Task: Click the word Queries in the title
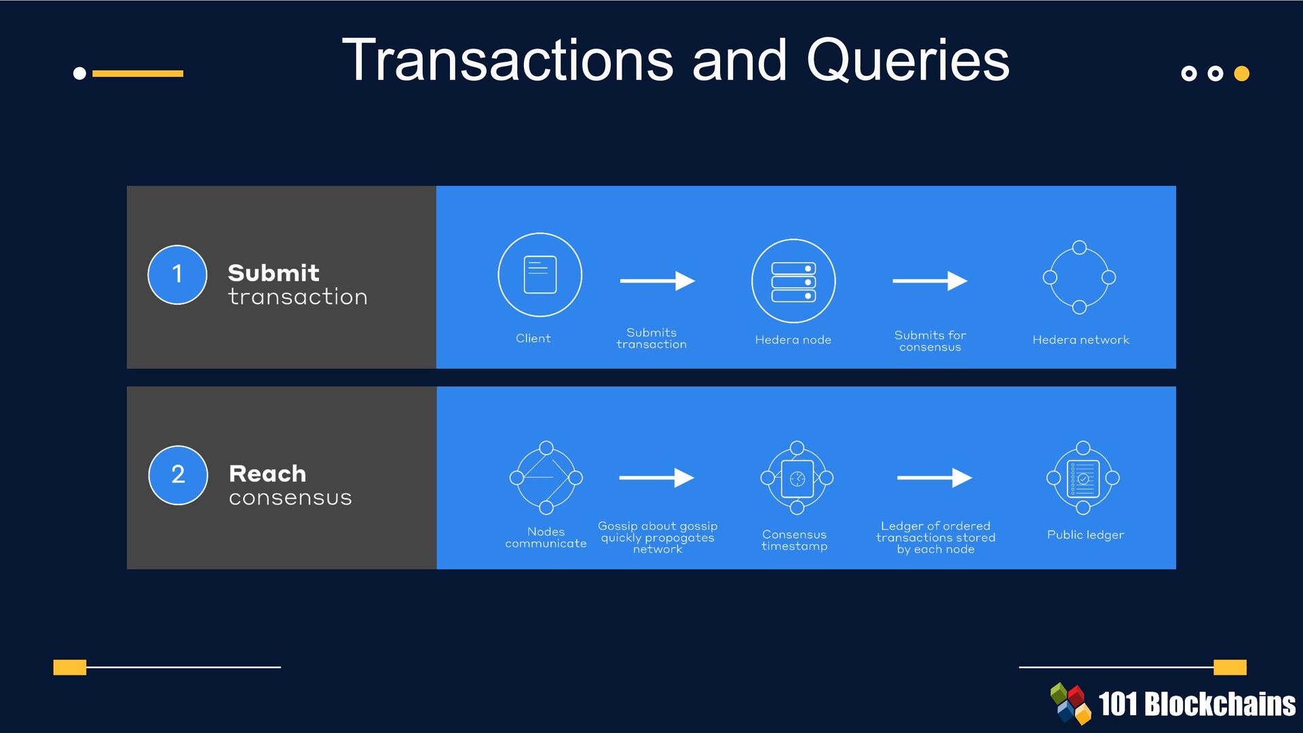tap(907, 61)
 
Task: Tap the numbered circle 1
tap(177, 274)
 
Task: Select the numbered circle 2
tap(178, 474)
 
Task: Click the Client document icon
tap(540, 274)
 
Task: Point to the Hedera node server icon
tap(793, 281)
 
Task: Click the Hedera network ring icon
tap(1079, 277)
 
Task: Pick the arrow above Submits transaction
tap(657, 281)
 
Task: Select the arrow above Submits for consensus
tap(930, 281)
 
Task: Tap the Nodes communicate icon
tap(546, 478)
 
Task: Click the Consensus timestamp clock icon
tap(797, 478)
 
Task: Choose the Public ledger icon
tap(1083, 478)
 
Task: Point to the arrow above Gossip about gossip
tap(656, 478)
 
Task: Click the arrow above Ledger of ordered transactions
tap(934, 478)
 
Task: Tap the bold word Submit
tap(273, 273)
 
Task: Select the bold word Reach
tap(267, 473)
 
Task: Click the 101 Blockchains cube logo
tap(1071, 703)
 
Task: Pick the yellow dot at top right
tap(1241, 73)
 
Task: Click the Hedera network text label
tap(1080, 340)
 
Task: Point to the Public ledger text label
tap(1085, 535)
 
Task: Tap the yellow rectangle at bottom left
tap(70, 667)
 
